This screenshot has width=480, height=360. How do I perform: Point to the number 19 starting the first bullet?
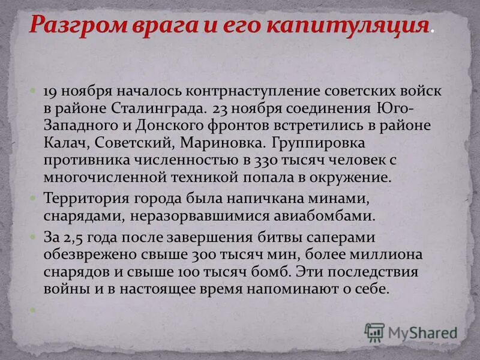49,92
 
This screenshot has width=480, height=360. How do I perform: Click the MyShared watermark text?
422,332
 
